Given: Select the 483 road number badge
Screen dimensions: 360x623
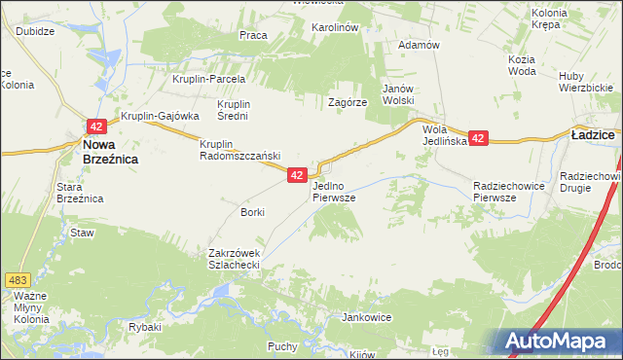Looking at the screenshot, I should [x=14, y=279].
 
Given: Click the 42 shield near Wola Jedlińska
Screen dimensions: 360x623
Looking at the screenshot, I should [x=477, y=139].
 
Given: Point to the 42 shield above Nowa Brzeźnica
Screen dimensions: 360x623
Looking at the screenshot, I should [x=95, y=126].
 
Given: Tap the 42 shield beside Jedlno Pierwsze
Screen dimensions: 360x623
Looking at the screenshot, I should [x=298, y=174].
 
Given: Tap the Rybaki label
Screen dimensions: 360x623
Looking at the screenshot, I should [x=144, y=327].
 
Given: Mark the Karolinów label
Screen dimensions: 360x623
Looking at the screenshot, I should [x=335, y=27].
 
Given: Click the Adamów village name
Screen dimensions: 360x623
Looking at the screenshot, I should [x=421, y=45].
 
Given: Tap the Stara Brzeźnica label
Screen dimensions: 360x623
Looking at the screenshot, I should [x=80, y=192].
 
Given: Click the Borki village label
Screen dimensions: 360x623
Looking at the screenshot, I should [x=252, y=211].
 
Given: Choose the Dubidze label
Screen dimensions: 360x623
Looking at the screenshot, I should [x=35, y=30].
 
